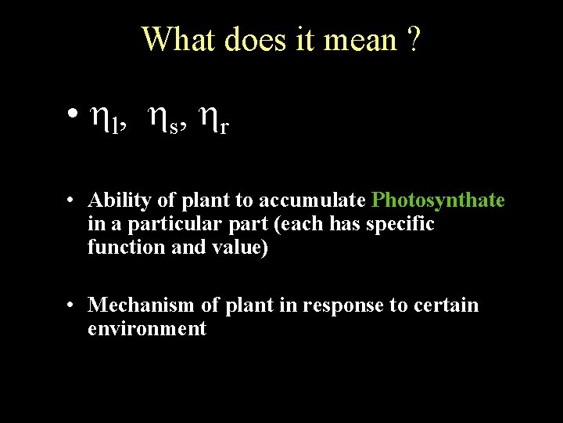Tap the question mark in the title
coord(413,39)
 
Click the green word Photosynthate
coord(439,201)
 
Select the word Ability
coord(119,201)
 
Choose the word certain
coord(443,305)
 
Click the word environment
coord(147,328)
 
